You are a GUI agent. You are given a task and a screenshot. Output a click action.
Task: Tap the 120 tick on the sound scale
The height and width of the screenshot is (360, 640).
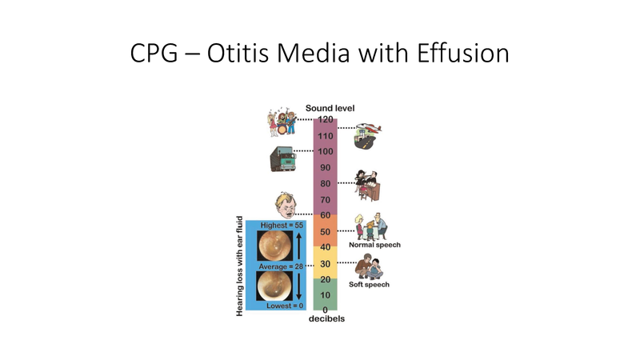click(x=325, y=120)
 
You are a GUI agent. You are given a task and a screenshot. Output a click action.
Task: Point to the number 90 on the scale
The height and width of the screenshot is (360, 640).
click(x=325, y=167)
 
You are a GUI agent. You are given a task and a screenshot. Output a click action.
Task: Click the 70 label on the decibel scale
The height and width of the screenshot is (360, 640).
click(x=325, y=199)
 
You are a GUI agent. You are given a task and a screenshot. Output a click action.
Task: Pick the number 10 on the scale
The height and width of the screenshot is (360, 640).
click(x=325, y=295)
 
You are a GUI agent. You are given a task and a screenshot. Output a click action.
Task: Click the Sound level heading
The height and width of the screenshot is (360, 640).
click(x=330, y=108)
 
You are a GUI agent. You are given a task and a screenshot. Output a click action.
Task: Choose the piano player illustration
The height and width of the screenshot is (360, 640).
click(x=367, y=185)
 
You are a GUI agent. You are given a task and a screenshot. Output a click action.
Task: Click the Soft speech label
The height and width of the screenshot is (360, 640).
click(x=370, y=283)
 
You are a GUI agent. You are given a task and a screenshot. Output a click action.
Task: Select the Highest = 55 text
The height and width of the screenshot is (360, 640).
click(x=282, y=226)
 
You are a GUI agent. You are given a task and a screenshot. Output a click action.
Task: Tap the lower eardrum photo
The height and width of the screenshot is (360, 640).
click(x=274, y=286)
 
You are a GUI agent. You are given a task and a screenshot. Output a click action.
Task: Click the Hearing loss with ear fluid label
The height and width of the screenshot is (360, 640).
click(x=239, y=264)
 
